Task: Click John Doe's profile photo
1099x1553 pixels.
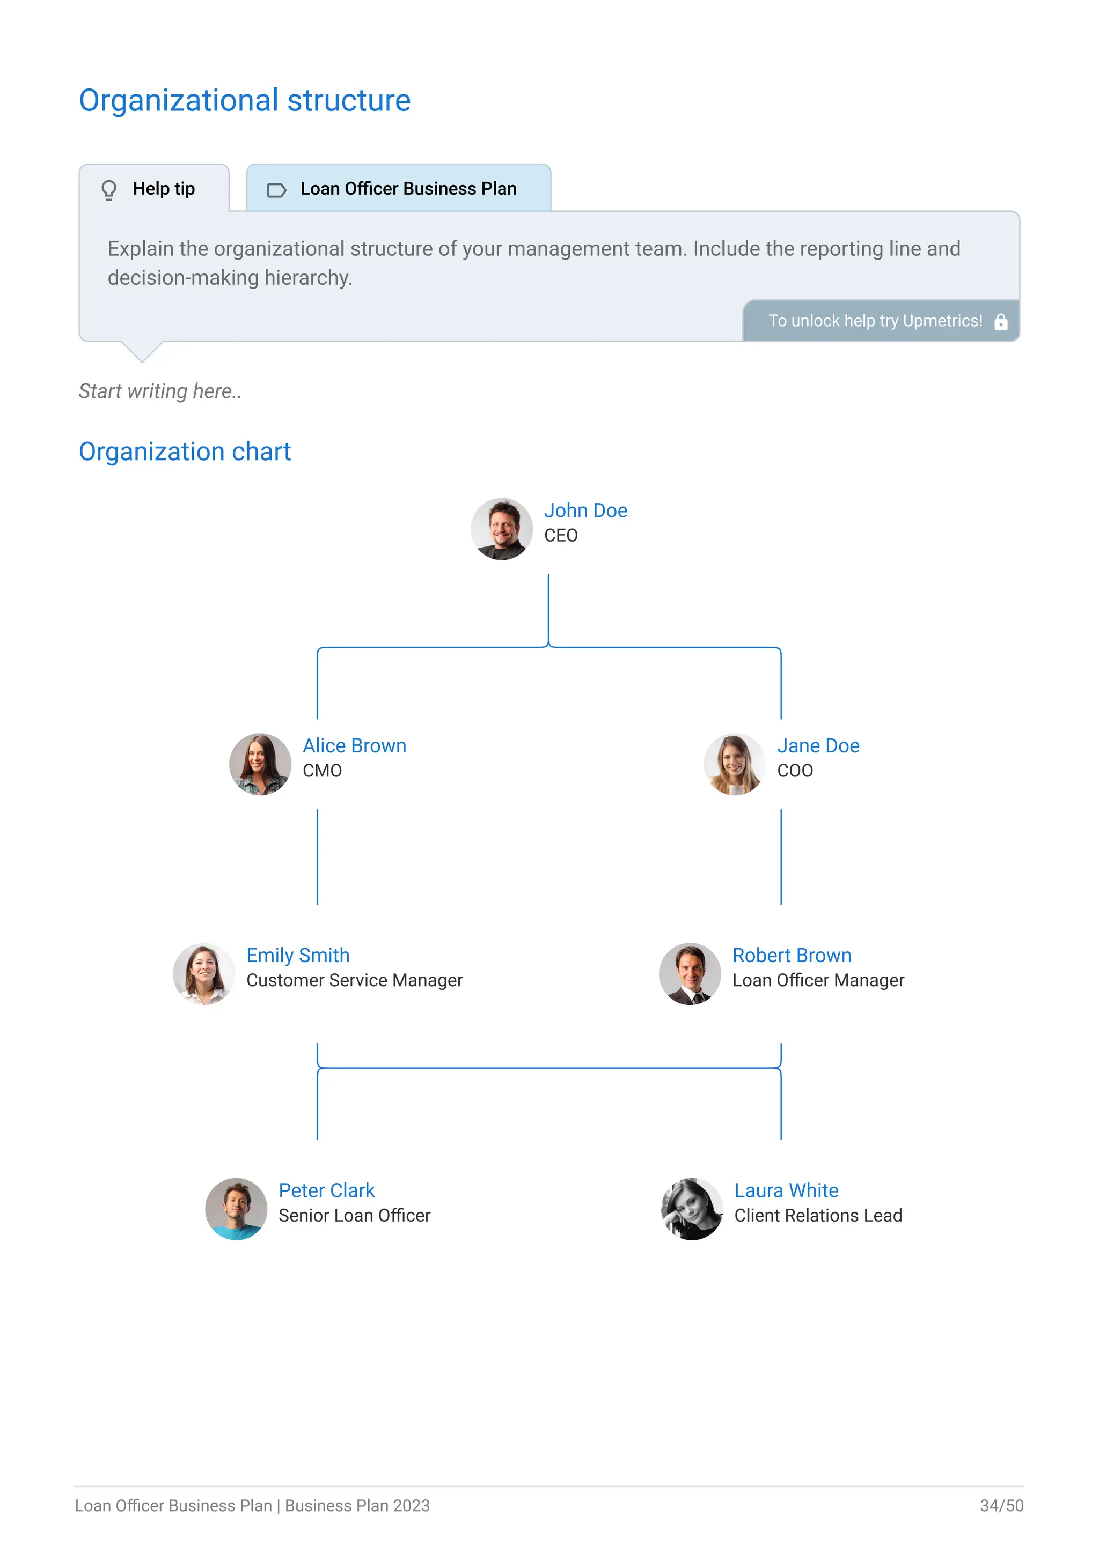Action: point(501,529)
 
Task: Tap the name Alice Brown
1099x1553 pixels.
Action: point(354,745)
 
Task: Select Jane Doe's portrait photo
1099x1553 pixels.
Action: point(734,764)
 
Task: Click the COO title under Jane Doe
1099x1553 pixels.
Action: point(795,771)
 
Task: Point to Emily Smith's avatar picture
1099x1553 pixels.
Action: point(204,974)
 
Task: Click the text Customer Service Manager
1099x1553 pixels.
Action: point(354,981)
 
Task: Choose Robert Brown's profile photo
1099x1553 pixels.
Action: point(690,974)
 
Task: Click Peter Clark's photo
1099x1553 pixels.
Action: point(236,1209)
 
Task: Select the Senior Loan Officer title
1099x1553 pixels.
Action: point(354,1216)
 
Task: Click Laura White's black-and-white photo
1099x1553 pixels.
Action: point(692,1209)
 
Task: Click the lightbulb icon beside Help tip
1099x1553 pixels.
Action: point(109,189)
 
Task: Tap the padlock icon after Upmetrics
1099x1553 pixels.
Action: point(1001,322)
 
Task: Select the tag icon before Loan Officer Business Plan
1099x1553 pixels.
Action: point(276,190)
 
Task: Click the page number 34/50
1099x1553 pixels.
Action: point(1001,1506)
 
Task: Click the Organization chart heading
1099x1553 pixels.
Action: point(185,452)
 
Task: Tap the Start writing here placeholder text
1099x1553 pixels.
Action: point(160,391)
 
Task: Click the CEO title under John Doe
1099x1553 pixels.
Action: point(560,536)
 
